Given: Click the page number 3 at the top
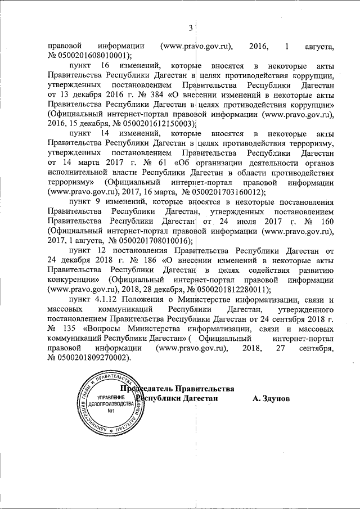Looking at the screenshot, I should point(191,28).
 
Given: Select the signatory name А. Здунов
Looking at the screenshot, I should point(271,398).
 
